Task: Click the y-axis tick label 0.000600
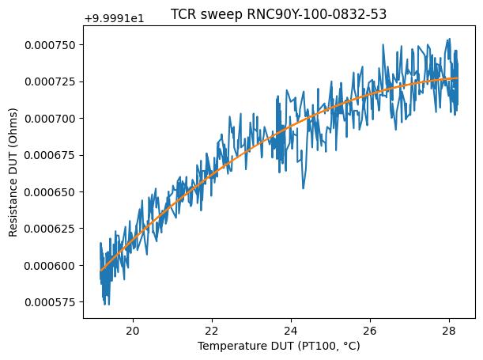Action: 53,266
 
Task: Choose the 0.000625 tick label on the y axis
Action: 53,229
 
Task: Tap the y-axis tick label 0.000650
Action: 53,192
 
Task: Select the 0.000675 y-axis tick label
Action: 53,155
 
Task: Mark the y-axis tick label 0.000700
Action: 53,119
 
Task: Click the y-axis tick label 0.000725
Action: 53,81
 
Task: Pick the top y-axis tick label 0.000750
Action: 53,45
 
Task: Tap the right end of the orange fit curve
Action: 457,78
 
